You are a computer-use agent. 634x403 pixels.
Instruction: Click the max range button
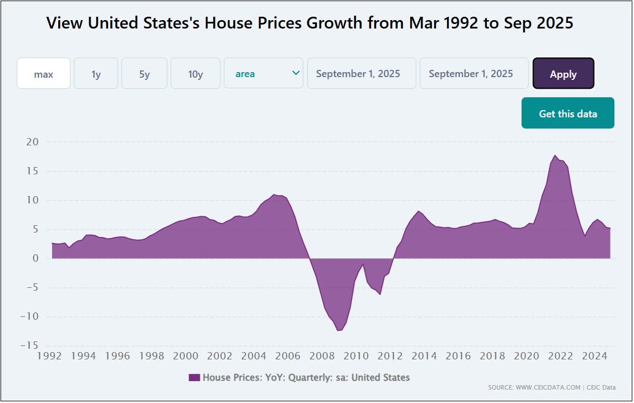click(44, 74)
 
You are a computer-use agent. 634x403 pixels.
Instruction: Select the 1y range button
click(96, 74)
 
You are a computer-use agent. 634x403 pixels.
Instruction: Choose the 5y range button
click(144, 74)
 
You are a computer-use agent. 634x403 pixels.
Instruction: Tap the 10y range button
click(195, 74)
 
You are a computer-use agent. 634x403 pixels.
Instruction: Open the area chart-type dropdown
click(264, 74)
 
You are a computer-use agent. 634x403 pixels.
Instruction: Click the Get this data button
click(567, 113)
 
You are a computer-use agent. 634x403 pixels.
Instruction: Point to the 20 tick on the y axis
click(32, 142)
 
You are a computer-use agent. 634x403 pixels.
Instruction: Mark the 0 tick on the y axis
click(35, 258)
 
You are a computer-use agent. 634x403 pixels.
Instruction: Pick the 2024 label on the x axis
click(595, 356)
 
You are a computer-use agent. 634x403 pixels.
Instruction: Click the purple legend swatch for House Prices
click(194, 378)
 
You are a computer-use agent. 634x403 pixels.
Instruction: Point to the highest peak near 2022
click(555, 155)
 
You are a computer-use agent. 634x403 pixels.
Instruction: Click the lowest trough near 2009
click(339, 330)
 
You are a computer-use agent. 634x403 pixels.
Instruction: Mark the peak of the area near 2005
click(274, 195)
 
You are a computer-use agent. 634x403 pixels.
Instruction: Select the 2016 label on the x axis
click(458, 356)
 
